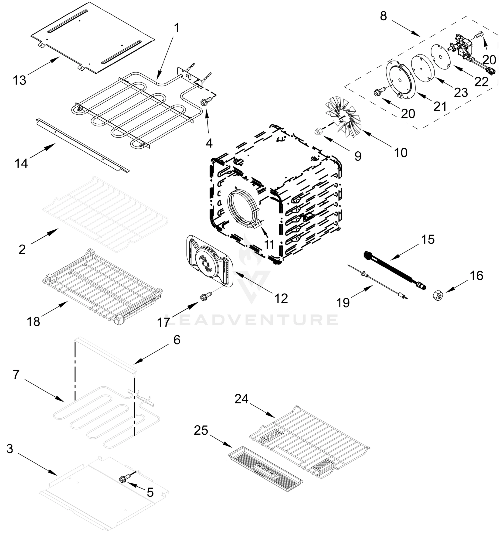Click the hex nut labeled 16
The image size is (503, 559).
[x=438, y=296]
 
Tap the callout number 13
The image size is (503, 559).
[x=19, y=80]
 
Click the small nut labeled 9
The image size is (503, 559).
[x=318, y=132]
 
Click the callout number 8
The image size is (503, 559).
[x=383, y=16]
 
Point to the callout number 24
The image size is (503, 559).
[x=241, y=399]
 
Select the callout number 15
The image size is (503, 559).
[x=428, y=239]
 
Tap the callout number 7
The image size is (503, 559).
[x=16, y=375]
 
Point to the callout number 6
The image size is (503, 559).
[x=177, y=340]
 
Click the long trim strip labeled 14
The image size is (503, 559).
[x=83, y=145]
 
